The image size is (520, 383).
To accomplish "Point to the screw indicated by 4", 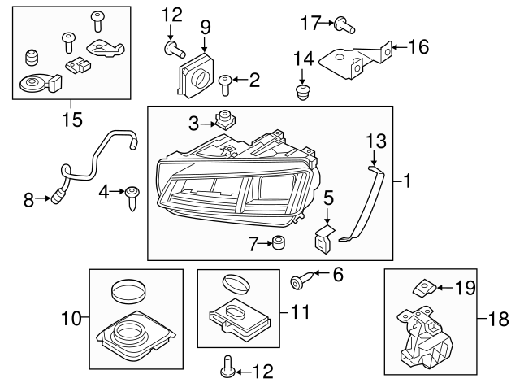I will click(x=132, y=196).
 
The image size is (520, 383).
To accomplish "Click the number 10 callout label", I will click(x=70, y=318).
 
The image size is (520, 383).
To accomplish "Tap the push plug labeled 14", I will click(x=303, y=93).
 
